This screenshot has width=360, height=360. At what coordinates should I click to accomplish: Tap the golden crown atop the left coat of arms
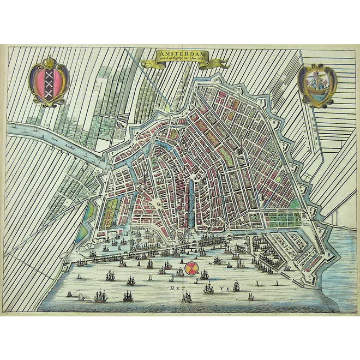pyautogui.click(x=50, y=60)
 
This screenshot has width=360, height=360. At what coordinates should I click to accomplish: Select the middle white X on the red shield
pyautogui.click(x=50, y=83)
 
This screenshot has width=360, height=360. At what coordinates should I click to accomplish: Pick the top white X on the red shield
pyautogui.click(x=50, y=74)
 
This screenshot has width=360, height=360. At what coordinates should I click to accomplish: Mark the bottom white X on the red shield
pyautogui.click(x=50, y=93)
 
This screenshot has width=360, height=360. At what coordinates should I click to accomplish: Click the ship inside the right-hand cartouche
pyautogui.click(x=317, y=84)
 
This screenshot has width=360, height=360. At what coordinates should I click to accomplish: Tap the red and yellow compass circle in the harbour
pyautogui.click(x=191, y=268)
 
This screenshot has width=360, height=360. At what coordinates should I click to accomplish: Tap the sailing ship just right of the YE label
pyautogui.click(x=237, y=286)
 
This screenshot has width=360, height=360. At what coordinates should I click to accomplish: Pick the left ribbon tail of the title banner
pyautogui.click(x=146, y=64)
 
